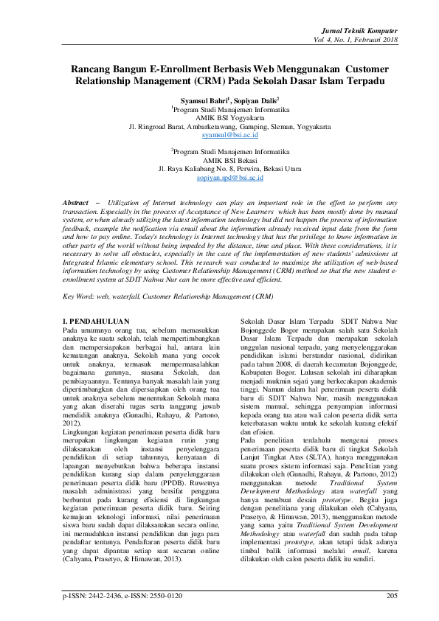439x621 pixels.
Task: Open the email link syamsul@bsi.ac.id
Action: pos(219,136)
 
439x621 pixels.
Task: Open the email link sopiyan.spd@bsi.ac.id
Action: pos(219,178)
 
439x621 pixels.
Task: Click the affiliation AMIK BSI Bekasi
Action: pos(219,159)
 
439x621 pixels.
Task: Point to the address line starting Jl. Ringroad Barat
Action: pos(219,126)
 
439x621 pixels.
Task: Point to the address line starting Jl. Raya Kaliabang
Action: pos(219,168)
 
